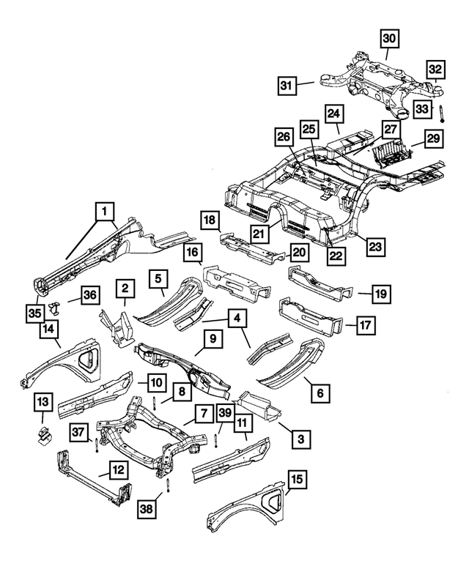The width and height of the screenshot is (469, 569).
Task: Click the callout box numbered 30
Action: tap(389, 37)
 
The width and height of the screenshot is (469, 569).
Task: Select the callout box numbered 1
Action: tap(106, 212)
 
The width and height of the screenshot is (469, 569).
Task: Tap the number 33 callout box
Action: tap(422, 109)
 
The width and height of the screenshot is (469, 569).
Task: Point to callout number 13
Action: tap(43, 402)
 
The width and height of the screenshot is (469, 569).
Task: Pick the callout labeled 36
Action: tap(89, 295)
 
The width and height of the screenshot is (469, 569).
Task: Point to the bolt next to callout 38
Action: tap(168, 486)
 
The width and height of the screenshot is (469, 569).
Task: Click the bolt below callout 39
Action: tap(218, 440)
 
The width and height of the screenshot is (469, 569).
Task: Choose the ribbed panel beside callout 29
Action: tap(396, 155)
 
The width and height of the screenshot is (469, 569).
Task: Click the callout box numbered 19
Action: tap(381, 294)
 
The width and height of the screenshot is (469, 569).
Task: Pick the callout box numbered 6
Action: tap(319, 394)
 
